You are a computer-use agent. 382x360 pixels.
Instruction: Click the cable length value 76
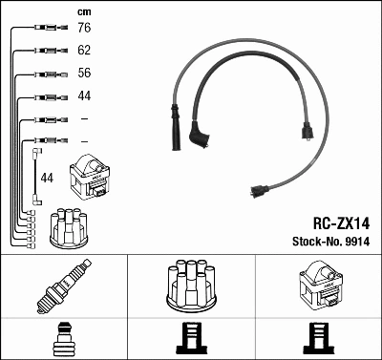pyautogui.click(x=84, y=28)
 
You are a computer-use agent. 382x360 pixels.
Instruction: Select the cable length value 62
pyautogui.click(x=84, y=51)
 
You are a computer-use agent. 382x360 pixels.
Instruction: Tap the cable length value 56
pyautogui.click(x=84, y=73)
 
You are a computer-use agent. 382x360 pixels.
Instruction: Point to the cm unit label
pyautogui.click(x=84, y=12)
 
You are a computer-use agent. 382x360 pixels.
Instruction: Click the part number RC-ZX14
pyautogui.click(x=341, y=223)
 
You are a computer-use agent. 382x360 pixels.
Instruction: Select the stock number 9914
pyautogui.click(x=357, y=242)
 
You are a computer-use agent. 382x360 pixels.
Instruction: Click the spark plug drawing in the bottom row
pyautogui.click(x=64, y=286)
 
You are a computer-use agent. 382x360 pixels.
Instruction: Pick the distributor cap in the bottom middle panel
pyautogui.click(x=191, y=285)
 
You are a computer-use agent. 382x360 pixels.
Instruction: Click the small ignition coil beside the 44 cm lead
pyautogui.click(x=90, y=177)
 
